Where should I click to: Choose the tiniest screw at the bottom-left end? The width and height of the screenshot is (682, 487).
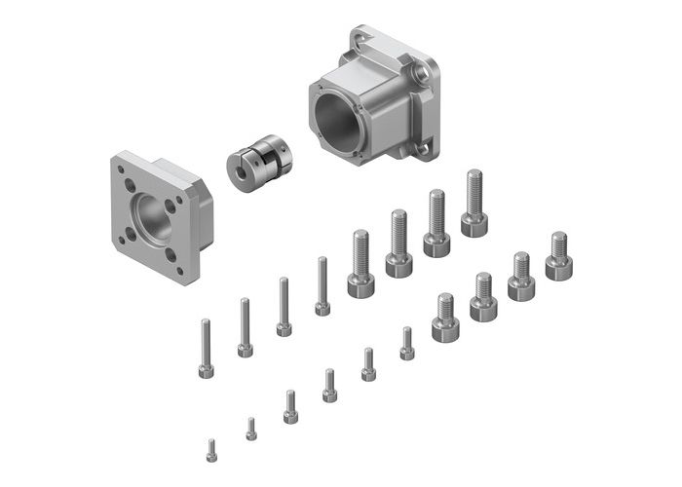(x=211, y=451)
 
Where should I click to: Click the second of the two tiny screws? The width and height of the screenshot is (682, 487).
(x=250, y=430)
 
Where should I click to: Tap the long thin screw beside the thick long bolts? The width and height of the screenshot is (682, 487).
(x=322, y=286)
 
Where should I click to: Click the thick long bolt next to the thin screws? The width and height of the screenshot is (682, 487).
(x=360, y=263)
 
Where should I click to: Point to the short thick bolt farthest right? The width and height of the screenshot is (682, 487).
(x=558, y=255)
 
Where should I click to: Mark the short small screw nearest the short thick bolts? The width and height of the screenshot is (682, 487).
(x=407, y=343)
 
